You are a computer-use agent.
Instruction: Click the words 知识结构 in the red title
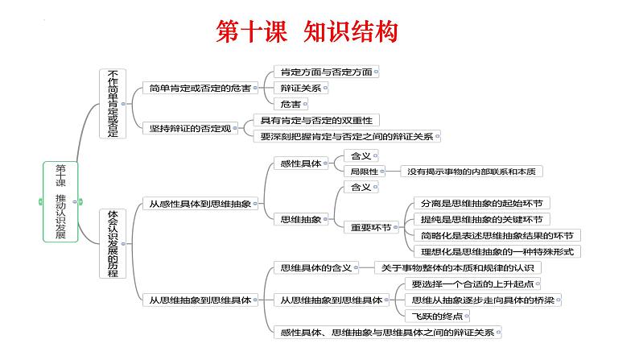pos(351,31)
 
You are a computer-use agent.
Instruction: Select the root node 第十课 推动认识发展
pos(61,201)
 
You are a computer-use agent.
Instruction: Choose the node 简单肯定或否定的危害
pos(199,88)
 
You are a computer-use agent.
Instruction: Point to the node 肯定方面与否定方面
pos(322,72)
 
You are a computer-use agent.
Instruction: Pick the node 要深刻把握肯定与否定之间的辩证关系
pos(346,137)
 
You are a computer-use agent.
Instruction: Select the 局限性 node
pos(360,171)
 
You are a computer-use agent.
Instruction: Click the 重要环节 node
pos(369,227)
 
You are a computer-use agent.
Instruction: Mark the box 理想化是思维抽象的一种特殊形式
pos(496,251)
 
